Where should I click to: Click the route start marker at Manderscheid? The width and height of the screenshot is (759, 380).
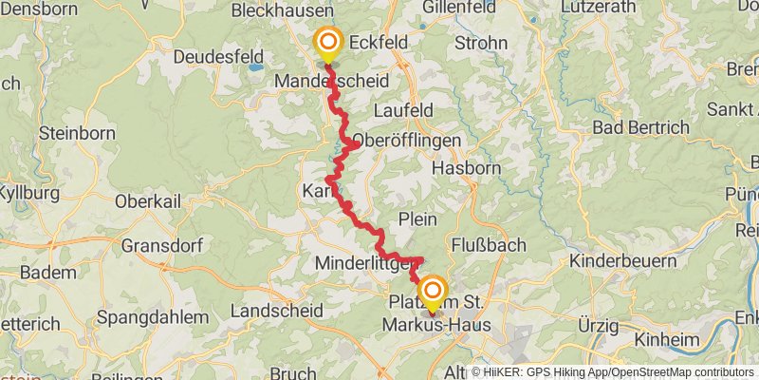click(328, 43)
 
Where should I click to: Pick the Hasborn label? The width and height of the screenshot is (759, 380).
click(465, 168)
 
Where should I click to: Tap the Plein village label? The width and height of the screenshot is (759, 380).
click(418, 219)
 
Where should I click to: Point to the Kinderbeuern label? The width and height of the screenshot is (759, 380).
click(622, 261)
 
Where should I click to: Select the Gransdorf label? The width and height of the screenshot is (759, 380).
click(161, 245)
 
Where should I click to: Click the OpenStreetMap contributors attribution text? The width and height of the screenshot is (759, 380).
click(680, 372)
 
